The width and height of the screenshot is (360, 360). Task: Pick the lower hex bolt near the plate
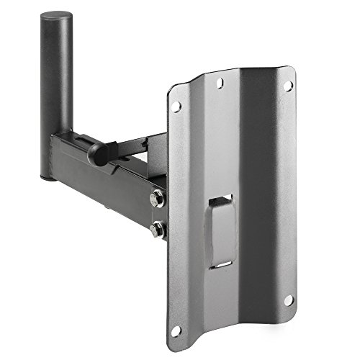pos(156,230)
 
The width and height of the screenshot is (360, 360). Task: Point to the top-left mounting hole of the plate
pos(175,106)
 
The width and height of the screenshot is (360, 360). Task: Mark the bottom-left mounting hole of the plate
pos(176,330)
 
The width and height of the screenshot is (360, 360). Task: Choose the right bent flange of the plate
pos(288,194)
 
